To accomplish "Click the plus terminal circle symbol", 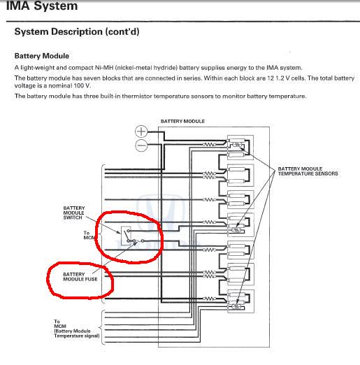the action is (x=141, y=131).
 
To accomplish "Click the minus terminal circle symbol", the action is (x=141, y=145).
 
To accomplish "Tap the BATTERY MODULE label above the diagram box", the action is (x=182, y=121).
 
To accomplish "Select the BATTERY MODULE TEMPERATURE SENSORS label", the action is (x=308, y=171).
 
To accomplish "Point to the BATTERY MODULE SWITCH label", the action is (x=74, y=213).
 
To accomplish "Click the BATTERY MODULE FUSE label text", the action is (x=80, y=277).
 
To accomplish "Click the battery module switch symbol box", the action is (x=126, y=236).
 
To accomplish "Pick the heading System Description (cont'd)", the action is (x=77, y=31).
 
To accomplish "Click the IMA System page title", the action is (x=42, y=6).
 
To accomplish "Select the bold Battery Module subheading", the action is (x=42, y=56).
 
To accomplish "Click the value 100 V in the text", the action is (x=82, y=86).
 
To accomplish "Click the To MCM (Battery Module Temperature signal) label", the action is (x=77, y=329).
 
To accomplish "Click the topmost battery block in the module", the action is (x=240, y=148).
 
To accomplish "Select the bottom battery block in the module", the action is (x=240, y=301).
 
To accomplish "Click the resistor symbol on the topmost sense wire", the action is (x=209, y=145).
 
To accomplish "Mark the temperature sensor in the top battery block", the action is (x=237, y=145).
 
